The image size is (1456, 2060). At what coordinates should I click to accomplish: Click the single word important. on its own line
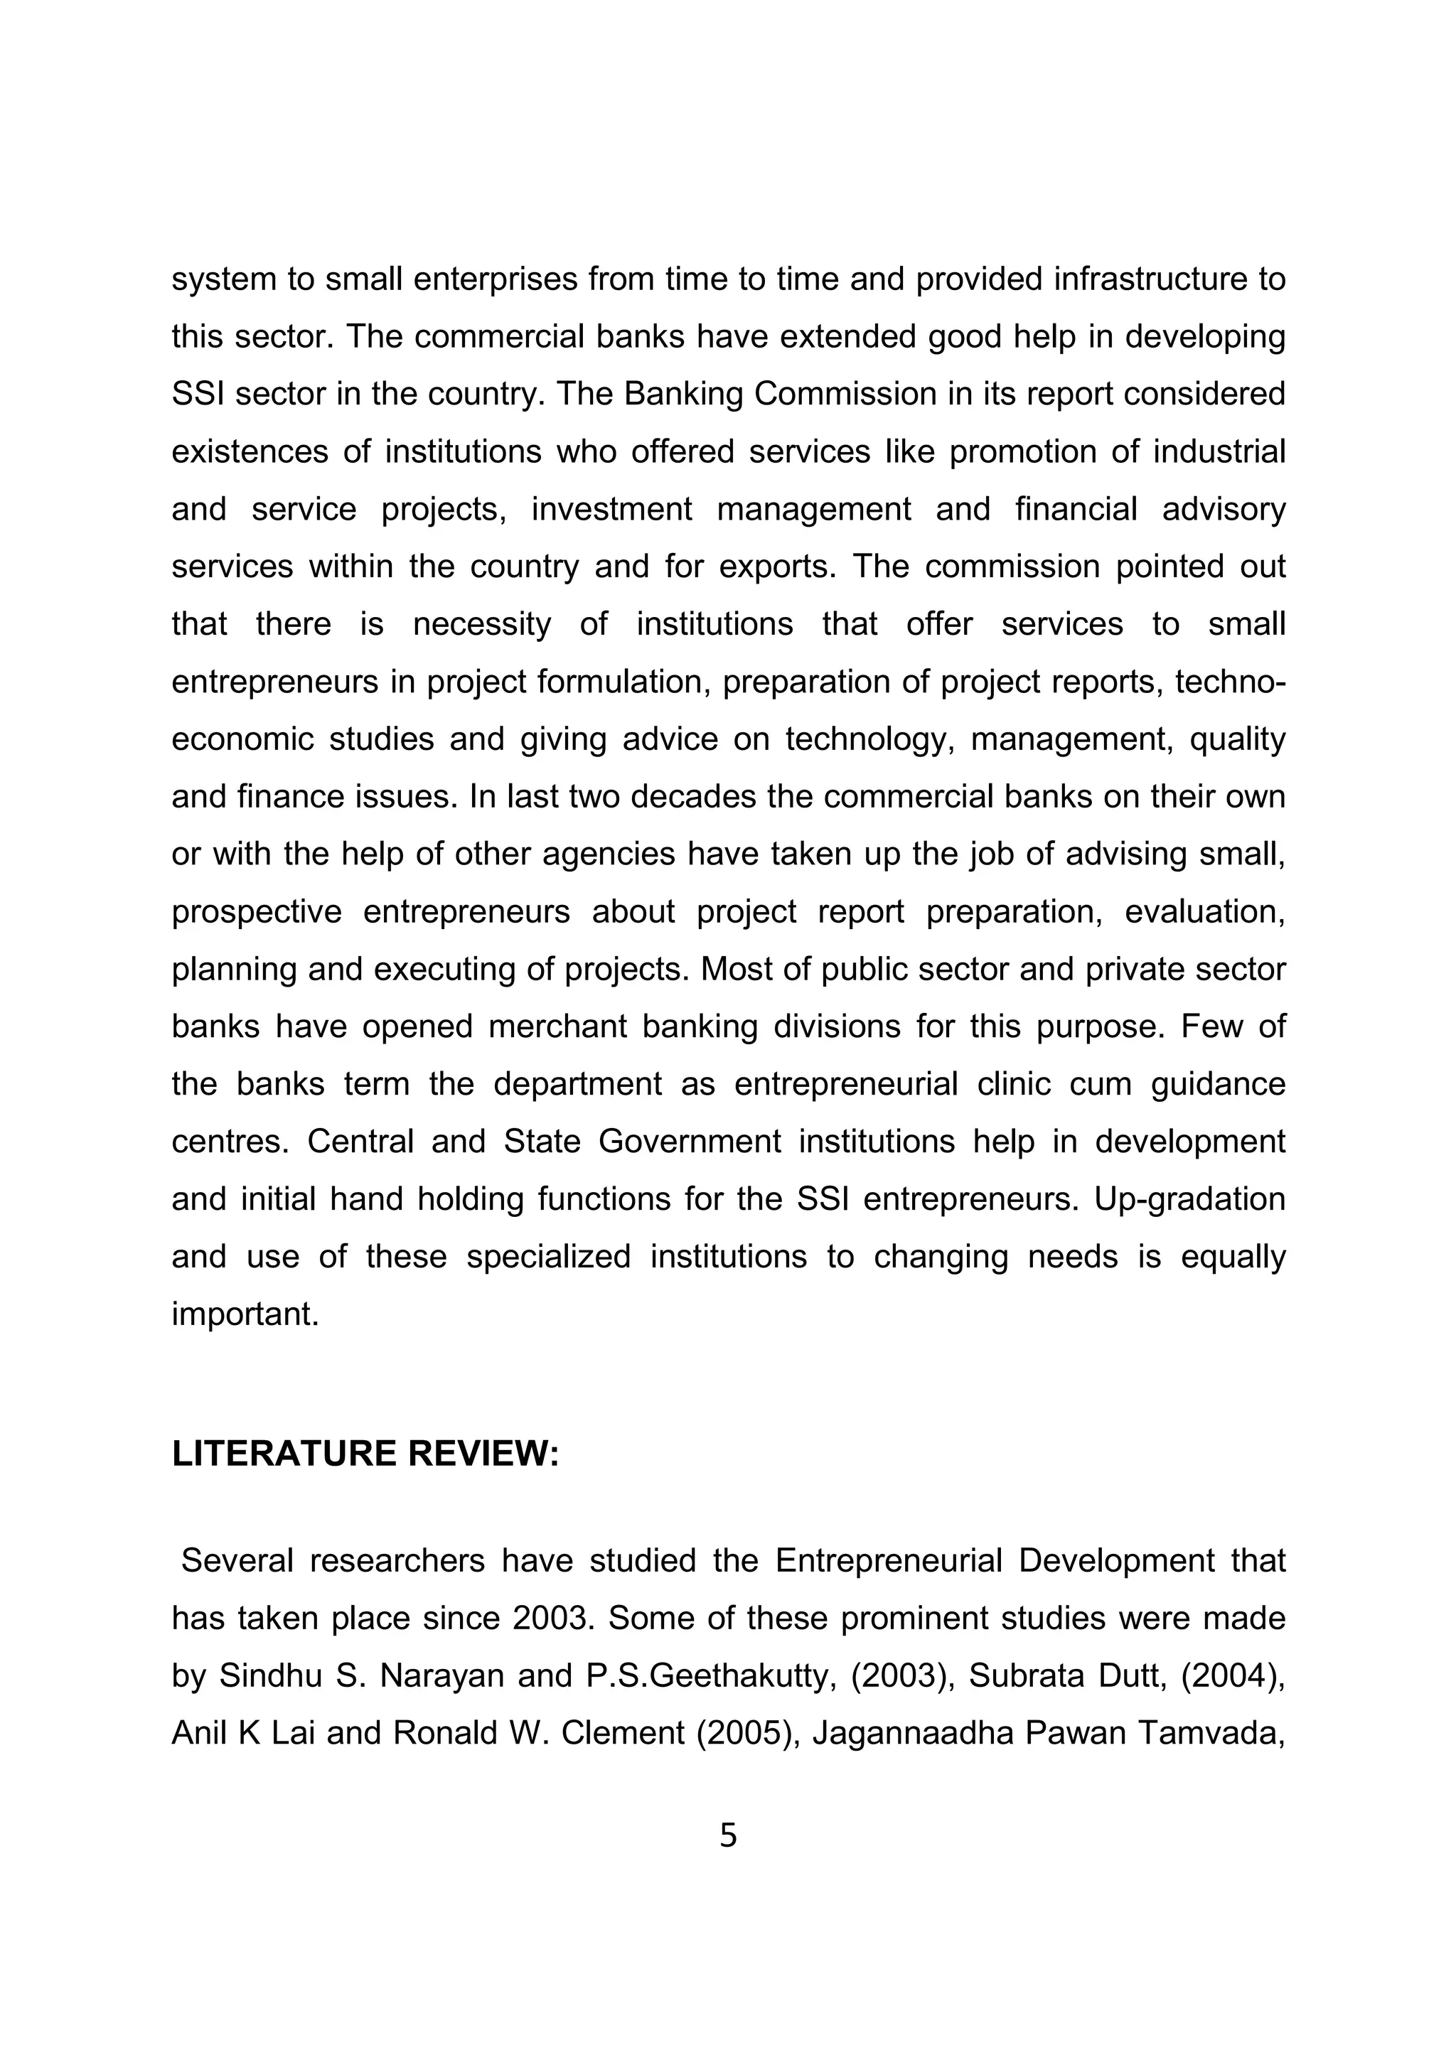coord(245,1314)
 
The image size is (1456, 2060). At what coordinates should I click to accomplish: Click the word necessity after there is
coord(482,624)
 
